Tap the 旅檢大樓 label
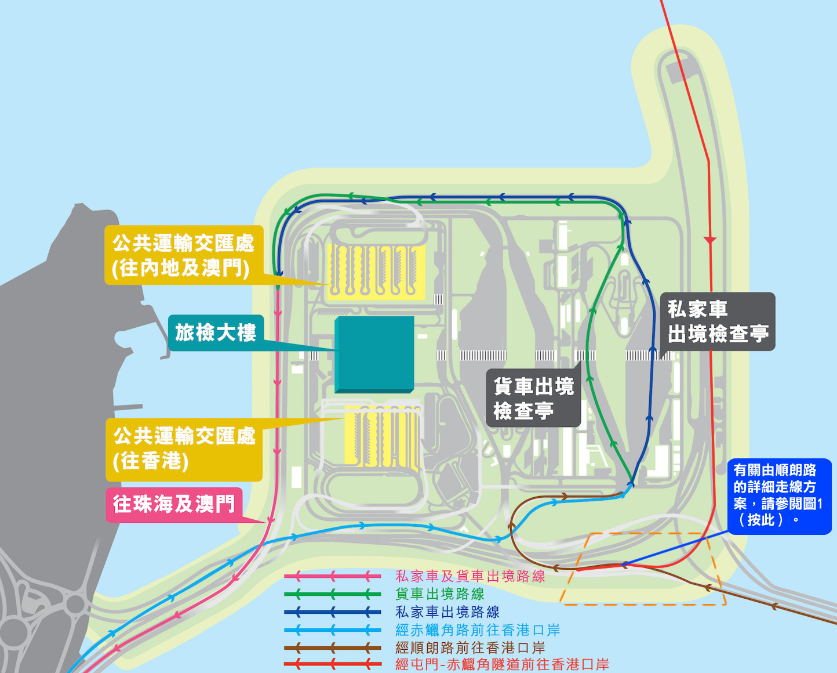pos(216,333)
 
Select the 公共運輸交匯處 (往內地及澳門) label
pos(183,255)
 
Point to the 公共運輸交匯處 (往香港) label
pos(184,448)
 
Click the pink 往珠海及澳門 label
pos(174,504)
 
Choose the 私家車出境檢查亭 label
pos(718,321)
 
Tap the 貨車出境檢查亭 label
pos(533,398)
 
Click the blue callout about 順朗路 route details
pos(779,495)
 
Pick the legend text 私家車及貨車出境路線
pos(470,576)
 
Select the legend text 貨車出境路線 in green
pos(439,594)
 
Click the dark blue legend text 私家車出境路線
pos(447,612)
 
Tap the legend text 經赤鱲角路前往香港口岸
pos(478,630)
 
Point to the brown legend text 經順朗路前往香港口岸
pos(470,647)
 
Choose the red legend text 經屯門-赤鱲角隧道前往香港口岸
pos(502,665)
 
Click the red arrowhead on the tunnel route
pos(709,240)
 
